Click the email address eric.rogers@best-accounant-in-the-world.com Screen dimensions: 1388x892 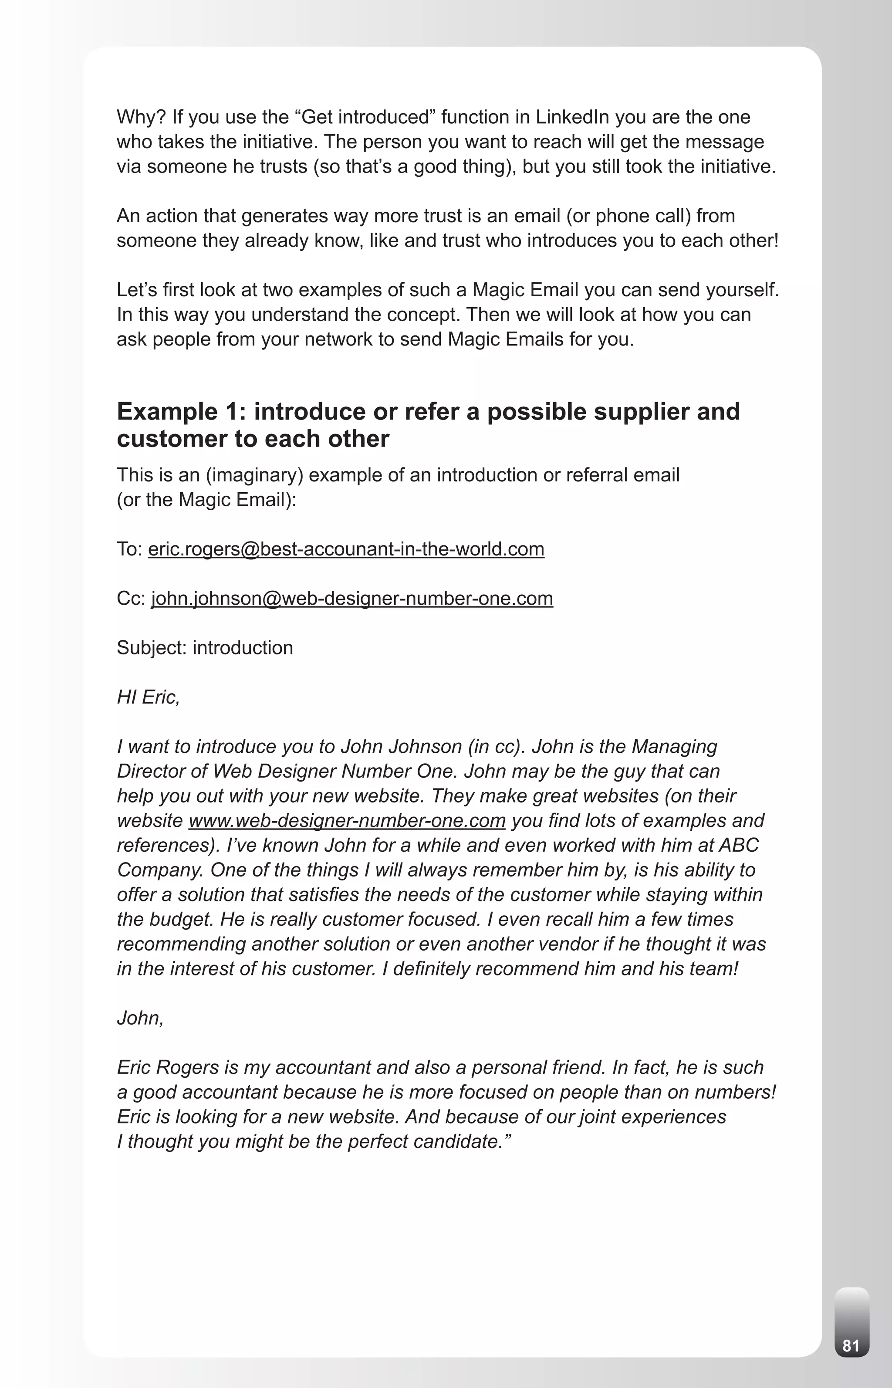click(x=346, y=549)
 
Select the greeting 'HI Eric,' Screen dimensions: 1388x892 click(x=148, y=697)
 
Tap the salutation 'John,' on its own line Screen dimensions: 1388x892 click(x=140, y=1018)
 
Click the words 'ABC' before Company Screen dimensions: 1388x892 click(x=739, y=845)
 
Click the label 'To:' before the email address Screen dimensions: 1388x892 click(x=129, y=549)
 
